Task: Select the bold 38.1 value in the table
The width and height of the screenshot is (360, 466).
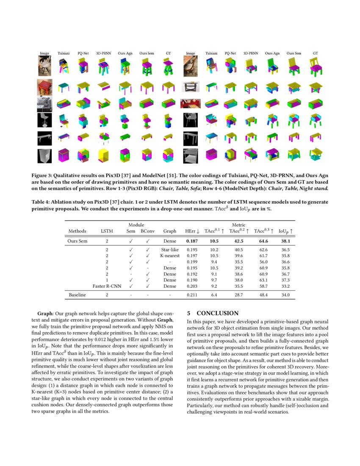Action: click(286, 241)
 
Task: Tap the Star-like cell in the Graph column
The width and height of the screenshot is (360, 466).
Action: click(169, 250)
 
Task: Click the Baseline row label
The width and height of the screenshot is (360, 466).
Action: click(77, 294)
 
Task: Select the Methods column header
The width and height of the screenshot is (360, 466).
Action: click(77, 231)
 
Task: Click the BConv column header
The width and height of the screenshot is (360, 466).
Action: click(148, 231)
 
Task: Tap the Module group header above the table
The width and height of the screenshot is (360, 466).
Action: click(136, 225)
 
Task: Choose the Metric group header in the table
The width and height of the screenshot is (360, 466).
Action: click(238, 225)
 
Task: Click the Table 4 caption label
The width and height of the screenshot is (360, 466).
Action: click(42, 202)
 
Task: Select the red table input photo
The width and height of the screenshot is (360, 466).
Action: click(44, 86)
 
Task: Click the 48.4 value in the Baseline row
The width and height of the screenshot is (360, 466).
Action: click(263, 294)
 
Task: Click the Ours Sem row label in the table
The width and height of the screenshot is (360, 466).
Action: click(78, 241)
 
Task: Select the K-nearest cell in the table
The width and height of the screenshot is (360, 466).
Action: click(169, 256)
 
